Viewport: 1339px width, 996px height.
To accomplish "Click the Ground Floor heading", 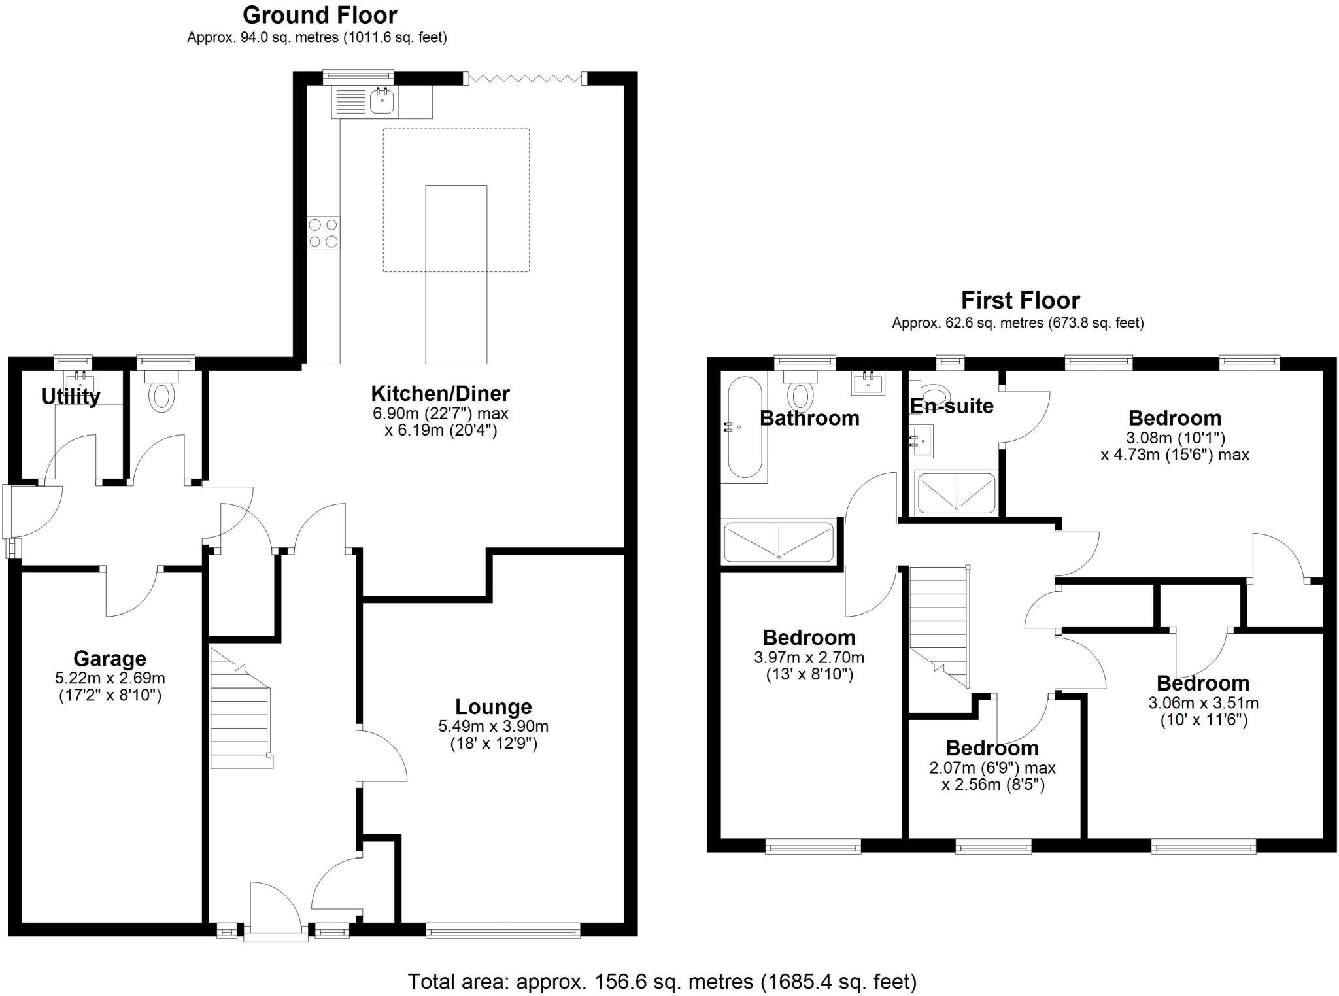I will (320, 14).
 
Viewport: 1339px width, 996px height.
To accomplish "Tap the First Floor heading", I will (1020, 300).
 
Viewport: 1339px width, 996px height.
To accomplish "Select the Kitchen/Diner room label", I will (440, 394).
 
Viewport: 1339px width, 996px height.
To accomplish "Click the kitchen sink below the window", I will (381, 101).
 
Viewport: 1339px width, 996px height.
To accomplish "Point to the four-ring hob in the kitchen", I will (324, 233).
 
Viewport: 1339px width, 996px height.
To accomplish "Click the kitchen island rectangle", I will (456, 274).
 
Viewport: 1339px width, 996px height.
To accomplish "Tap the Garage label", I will (109, 659).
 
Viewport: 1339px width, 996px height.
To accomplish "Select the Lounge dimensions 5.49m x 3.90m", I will (493, 726).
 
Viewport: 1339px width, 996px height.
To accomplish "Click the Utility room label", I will (71, 396).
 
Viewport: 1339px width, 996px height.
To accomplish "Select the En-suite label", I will (951, 406).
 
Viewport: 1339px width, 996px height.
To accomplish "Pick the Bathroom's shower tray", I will (779, 541).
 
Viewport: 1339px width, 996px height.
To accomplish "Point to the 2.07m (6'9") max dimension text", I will (992, 767).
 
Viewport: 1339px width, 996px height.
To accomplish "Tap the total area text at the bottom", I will (662, 982).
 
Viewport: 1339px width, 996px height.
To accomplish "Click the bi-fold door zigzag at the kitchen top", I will (525, 78).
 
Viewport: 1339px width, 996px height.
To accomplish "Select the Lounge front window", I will (502, 931).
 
